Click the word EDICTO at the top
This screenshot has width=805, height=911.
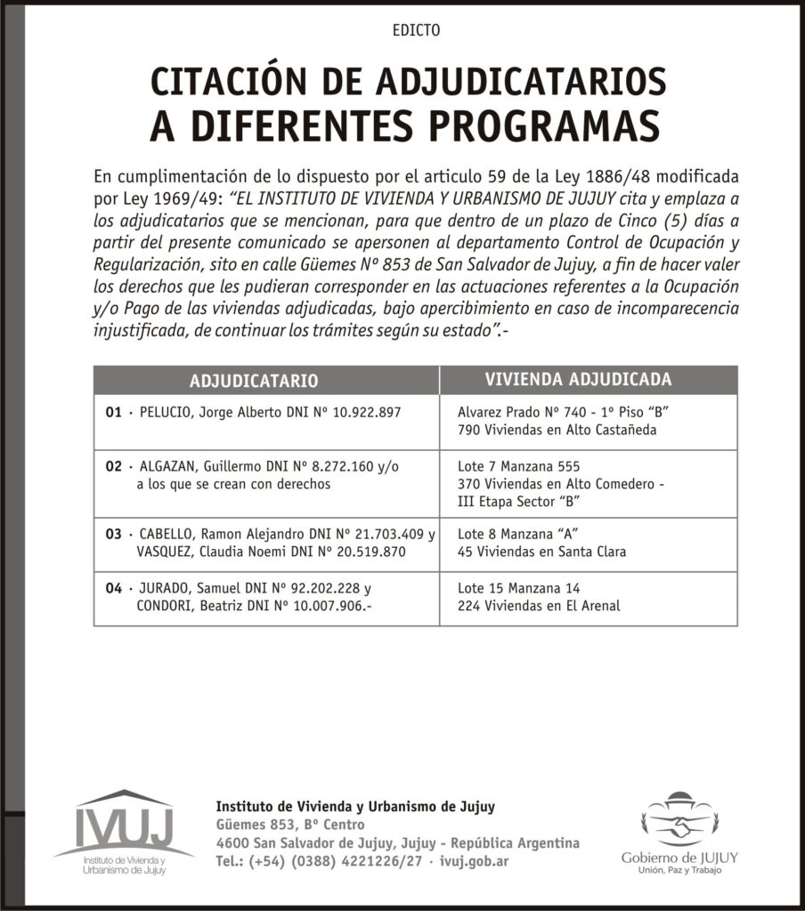tap(416, 30)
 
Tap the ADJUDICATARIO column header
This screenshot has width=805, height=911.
tap(254, 381)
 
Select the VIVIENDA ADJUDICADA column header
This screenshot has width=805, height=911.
tap(578, 380)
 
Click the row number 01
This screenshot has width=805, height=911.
tap(112, 413)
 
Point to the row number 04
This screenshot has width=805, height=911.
tap(112, 589)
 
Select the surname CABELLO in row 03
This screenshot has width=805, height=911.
tap(167, 535)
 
